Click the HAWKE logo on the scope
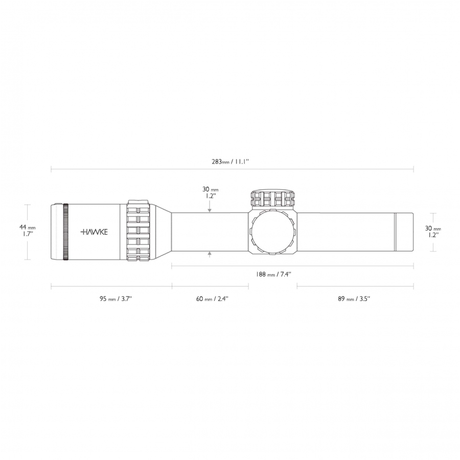[94, 232]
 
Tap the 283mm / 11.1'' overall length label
[231, 162]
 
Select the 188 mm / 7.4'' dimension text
[273, 274]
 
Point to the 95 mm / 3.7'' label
[116, 299]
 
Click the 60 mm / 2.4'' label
[212, 299]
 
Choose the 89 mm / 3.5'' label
[354, 299]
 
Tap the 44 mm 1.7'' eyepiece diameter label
[28, 230]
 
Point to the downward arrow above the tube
[210, 208]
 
